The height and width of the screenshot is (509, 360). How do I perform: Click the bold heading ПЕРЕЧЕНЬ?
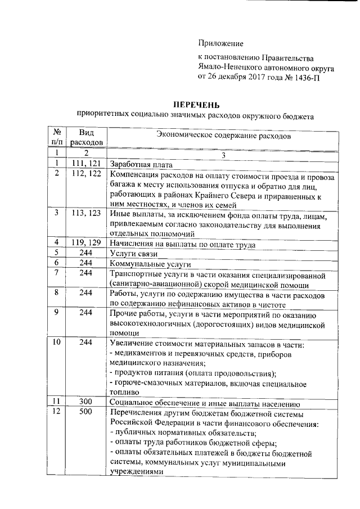[195, 105]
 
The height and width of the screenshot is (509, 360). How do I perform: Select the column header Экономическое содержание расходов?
[223, 136]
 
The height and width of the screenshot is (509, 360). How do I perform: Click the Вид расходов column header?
[87, 137]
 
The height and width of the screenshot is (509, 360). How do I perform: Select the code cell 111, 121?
[86, 163]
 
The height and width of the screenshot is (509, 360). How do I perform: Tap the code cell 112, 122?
[86, 174]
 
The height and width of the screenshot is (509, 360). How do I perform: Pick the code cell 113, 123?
[86, 213]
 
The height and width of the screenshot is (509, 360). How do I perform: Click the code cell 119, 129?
[86, 243]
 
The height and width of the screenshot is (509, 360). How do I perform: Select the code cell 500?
[86, 413]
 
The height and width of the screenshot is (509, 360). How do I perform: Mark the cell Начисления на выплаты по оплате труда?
[183, 244]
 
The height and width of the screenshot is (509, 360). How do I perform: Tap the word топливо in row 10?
[124, 393]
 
